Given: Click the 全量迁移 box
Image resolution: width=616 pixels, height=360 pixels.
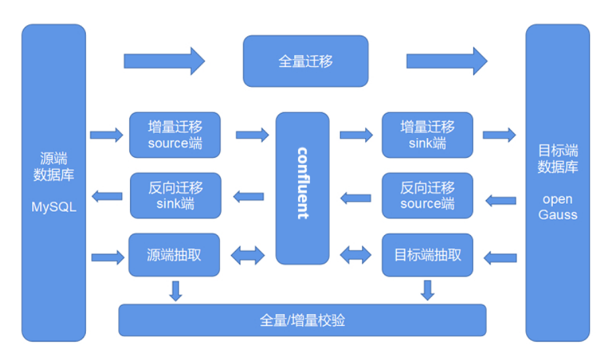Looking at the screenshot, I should coord(305,61).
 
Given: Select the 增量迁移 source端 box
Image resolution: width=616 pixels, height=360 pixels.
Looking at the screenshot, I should coord(175,135).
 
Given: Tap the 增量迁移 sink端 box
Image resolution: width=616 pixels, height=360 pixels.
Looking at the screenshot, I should coord(428,135).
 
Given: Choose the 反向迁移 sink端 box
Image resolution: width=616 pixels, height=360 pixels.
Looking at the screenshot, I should coord(175,195).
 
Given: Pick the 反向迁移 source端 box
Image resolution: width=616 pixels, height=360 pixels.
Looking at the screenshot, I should coord(428,195).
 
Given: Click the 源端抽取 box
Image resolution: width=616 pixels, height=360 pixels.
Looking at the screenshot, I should coord(174,255).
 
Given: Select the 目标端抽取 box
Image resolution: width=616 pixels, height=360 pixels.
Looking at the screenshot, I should coord(428,255).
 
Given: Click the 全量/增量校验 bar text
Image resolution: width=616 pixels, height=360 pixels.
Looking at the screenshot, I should coord(302,321).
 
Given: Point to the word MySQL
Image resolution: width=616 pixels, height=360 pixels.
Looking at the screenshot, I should coord(54,207).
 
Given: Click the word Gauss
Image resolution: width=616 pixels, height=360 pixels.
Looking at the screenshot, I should coord(558,214).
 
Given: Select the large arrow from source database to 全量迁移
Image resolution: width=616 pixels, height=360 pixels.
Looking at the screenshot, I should coord(164,61).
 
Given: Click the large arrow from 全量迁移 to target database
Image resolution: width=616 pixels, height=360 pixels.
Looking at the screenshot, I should coord(447,61).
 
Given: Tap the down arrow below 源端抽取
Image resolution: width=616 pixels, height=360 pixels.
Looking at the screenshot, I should coord(175,290).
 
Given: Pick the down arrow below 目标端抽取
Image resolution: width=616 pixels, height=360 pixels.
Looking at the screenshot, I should coord(428,290).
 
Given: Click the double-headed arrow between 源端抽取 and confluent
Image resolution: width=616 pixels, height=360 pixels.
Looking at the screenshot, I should coord(248,256).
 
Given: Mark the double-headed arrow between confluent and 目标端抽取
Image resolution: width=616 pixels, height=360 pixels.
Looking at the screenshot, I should coord(355,255).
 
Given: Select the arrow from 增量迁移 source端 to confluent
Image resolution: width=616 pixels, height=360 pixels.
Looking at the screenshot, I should coord(252,135).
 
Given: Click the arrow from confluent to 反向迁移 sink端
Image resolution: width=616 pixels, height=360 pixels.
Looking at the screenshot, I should coord(249,196).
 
